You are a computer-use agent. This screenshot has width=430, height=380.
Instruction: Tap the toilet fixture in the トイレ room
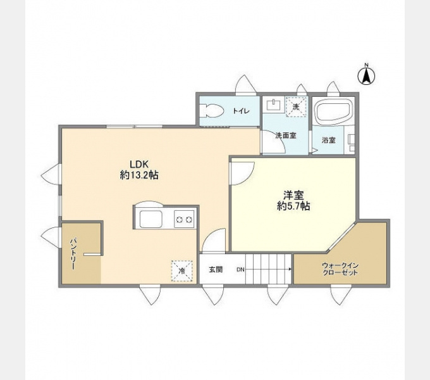(211, 111)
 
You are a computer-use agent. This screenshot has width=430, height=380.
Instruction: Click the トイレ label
(241, 111)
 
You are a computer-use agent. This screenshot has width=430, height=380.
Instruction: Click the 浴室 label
(328, 140)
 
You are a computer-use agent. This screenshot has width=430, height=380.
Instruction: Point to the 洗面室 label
(285, 136)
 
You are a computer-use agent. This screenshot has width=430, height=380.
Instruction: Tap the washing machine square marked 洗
(296, 107)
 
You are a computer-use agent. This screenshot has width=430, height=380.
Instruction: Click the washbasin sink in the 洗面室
(273, 105)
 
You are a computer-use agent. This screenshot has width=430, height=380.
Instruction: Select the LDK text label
(138, 164)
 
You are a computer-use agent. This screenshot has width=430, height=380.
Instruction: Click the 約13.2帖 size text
(139, 175)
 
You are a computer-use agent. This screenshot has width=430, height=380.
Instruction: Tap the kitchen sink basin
(151, 219)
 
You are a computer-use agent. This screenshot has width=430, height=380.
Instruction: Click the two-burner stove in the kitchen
(184, 219)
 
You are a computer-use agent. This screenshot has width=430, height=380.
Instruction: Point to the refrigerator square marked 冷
(182, 271)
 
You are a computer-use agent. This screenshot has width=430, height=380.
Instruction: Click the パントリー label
(73, 254)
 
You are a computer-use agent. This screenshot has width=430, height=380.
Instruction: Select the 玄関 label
(216, 270)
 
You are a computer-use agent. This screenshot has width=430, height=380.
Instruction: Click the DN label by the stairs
(240, 270)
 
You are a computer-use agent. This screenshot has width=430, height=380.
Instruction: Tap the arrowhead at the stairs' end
(290, 269)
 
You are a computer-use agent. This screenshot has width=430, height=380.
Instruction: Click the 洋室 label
(293, 195)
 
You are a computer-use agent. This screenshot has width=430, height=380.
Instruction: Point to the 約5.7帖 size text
(293, 206)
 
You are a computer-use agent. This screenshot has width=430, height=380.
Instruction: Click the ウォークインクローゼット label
(340, 269)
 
